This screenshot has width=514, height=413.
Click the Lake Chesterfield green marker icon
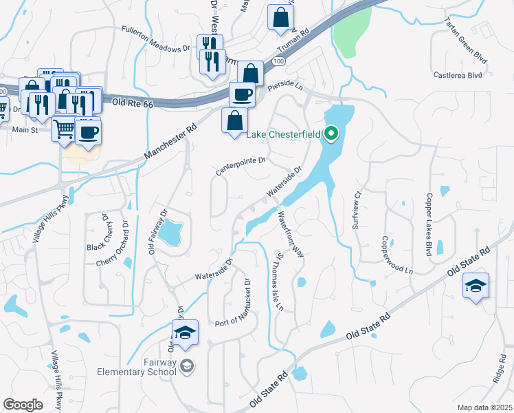pyautogui.click(x=331, y=133)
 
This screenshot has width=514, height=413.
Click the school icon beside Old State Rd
pyautogui.click(x=476, y=286)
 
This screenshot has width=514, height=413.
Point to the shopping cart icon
pyautogui.click(x=63, y=128)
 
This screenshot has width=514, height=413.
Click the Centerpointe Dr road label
pyautogui.click(x=241, y=165)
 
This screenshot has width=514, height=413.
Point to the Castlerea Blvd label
pyautogui.click(x=458, y=74)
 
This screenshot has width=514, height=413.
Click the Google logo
pyautogui.click(x=23, y=404)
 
